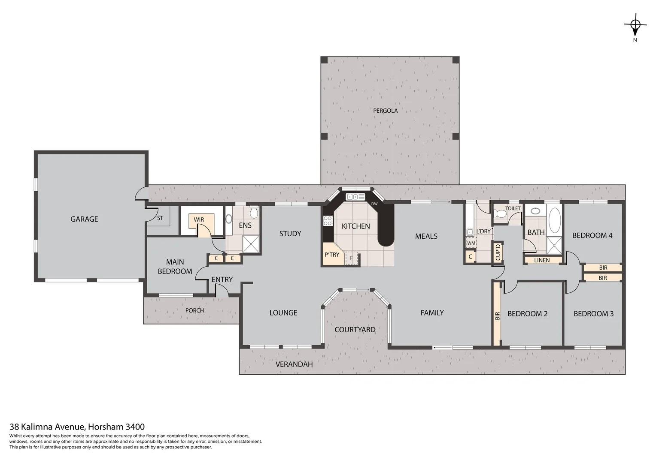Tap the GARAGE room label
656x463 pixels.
84,219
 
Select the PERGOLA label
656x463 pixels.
385,111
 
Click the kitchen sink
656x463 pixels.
355,197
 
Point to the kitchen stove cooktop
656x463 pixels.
328,221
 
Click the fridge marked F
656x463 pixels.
352,258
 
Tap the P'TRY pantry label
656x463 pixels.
332,255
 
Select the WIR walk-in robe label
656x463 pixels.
199,219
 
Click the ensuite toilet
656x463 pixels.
254,213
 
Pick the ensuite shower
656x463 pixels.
251,244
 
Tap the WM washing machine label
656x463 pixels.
471,243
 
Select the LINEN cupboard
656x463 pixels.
542,260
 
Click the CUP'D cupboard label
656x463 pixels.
498,252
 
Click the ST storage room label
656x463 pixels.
160,218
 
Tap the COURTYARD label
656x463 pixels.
355,330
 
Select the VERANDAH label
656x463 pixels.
294,364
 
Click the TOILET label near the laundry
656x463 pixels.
513,208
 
